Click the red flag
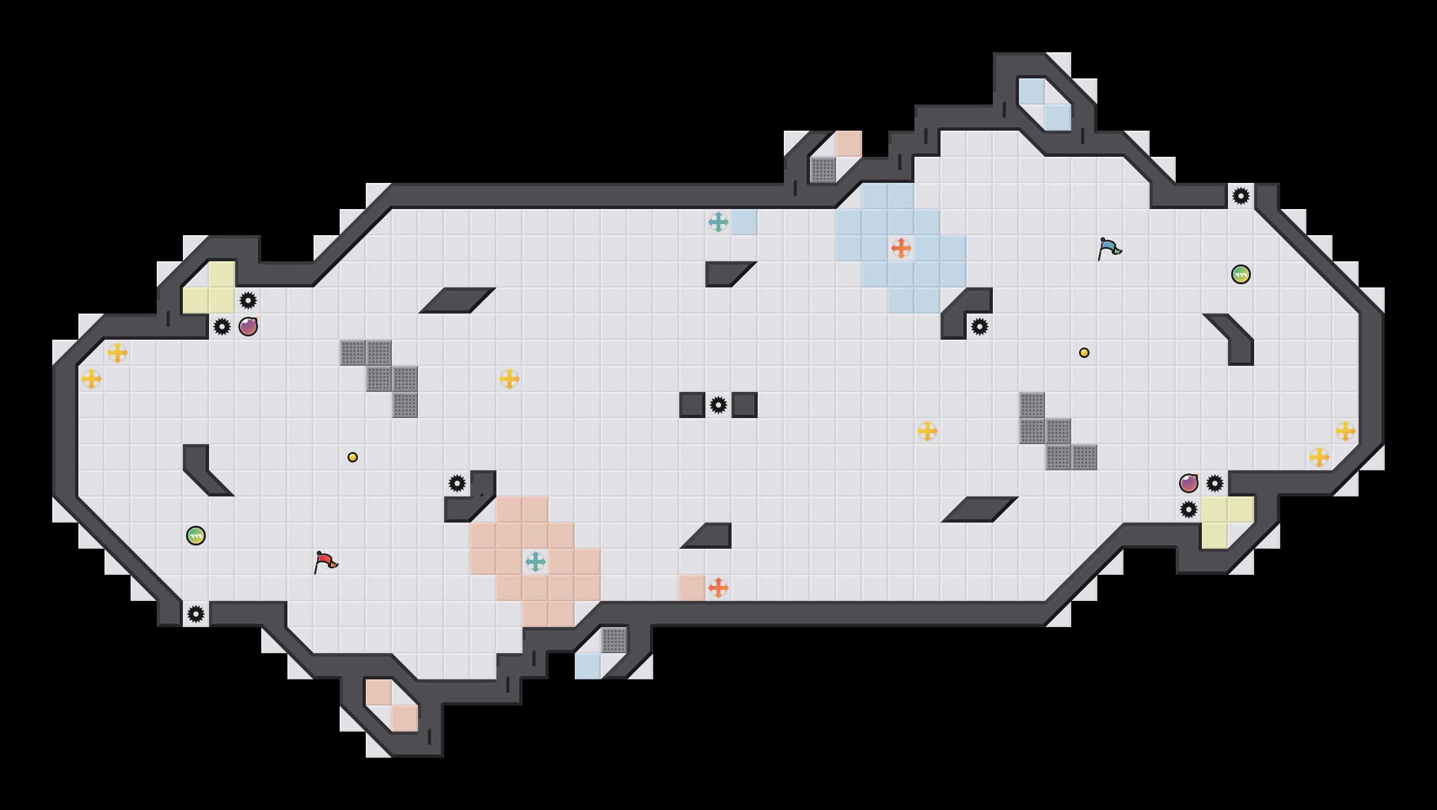325,562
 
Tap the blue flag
1108,248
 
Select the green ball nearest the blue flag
1241,274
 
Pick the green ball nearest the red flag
196,536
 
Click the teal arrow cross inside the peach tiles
536,562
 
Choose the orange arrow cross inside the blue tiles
901,248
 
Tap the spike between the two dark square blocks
718,405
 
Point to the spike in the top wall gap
1241,196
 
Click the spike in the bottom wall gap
196,614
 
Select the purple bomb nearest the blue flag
1189,483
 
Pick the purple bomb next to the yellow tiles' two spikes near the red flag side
248,327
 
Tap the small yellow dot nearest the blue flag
1084,353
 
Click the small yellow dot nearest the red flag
353,457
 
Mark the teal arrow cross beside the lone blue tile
718,222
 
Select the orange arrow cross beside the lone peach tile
718,588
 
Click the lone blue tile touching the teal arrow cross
745,222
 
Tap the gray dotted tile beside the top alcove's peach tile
823,170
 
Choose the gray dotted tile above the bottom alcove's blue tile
614,640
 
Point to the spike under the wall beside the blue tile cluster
980,327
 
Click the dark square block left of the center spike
692,405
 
